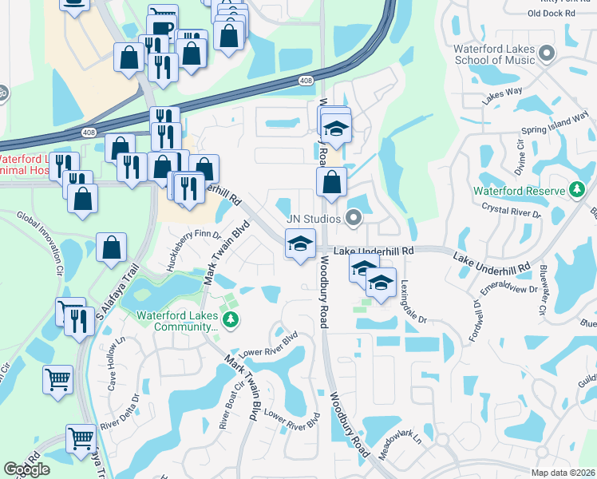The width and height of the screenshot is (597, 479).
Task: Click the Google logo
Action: [x=26, y=469]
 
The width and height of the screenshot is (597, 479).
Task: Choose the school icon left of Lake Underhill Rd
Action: [x=300, y=243]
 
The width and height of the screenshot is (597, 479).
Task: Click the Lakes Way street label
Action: [x=501, y=96]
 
